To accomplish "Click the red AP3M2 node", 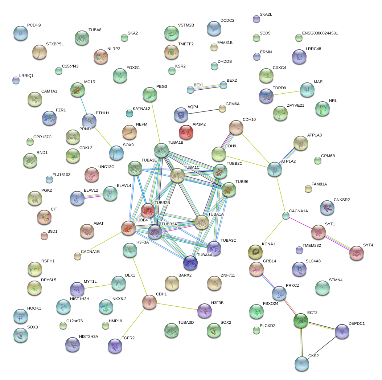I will [x=186, y=132].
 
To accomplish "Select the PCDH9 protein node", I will [x=20, y=33].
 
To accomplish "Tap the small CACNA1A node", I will [x=286, y=216].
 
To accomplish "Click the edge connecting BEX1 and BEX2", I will [x=207, y=87].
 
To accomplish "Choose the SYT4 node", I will [x=356, y=253].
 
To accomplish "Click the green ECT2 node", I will [x=301, y=320].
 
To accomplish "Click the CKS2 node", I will [x=301, y=364].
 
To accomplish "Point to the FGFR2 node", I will [x=115, y=346].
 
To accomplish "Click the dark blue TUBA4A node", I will [x=190, y=263].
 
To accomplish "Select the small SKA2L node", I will [x=256, y=19].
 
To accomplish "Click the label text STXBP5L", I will [x=55, y=44].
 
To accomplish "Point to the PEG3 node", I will [x=150, y=94].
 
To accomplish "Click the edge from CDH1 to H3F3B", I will [x=176, y=306].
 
